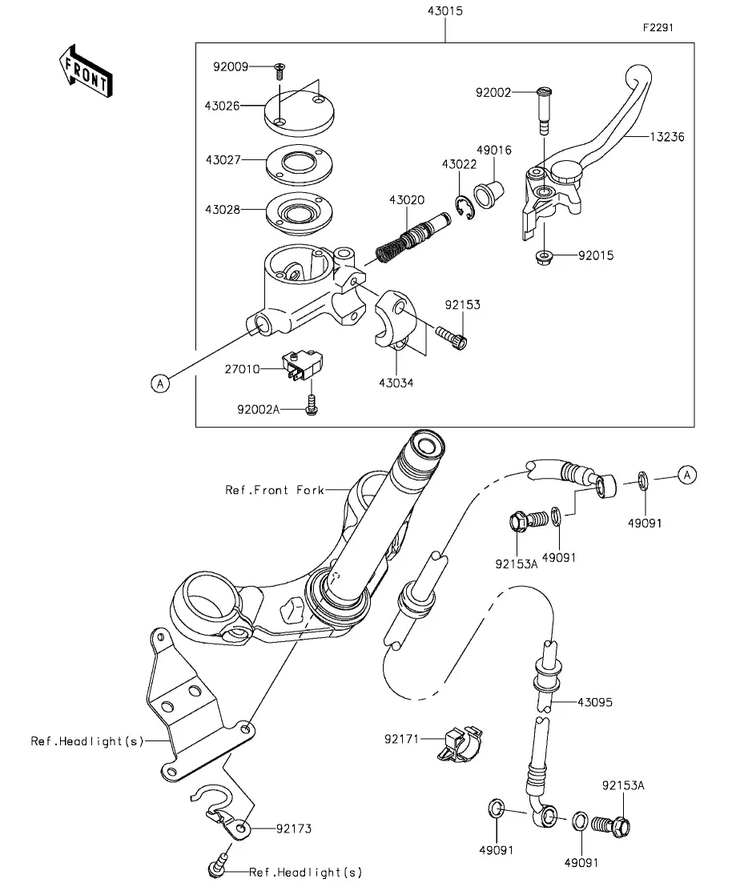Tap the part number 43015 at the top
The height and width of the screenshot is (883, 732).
tap(445, 11)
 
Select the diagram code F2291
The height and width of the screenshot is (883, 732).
tap(658, 27)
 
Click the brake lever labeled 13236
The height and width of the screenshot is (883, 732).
tap(586, 146)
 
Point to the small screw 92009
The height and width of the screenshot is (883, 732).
tap(280, 71)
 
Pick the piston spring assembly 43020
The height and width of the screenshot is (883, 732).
tap(412, 236)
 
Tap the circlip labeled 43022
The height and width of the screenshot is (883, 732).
tap(465, 206)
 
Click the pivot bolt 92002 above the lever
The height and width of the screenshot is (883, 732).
tap(544, 110)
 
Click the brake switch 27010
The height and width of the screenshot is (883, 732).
tap(303, 364)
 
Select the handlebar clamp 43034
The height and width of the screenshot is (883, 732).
tap(396, 320)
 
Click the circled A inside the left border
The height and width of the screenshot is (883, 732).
tap(161, 383)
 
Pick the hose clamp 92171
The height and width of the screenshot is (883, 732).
tap(460, 744)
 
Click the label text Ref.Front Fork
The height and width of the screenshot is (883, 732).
tap(275, 490)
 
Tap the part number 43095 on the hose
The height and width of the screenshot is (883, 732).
tap(594, 702)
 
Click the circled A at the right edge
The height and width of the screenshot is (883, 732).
tap(687, 476)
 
